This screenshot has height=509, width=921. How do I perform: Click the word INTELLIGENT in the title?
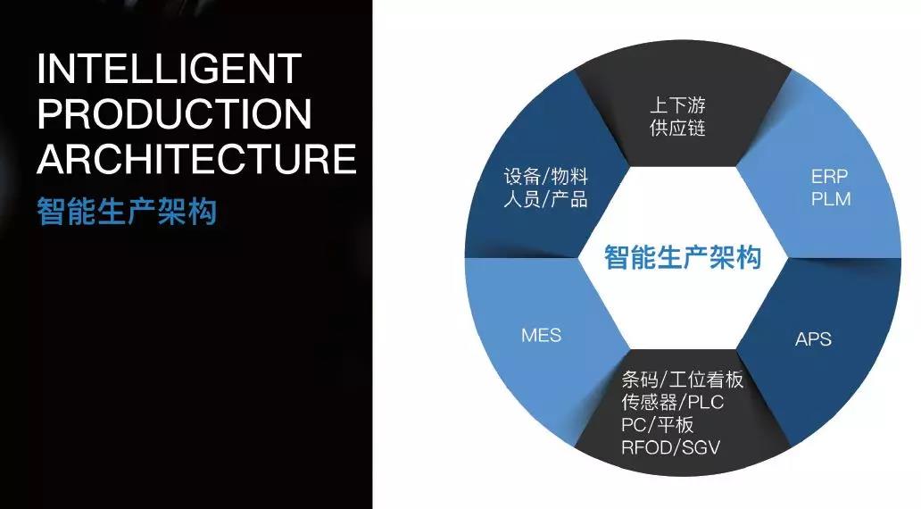170,69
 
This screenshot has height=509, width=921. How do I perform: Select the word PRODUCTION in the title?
175,113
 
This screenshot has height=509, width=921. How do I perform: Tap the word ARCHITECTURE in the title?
196,158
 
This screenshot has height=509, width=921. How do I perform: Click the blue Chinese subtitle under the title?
127,213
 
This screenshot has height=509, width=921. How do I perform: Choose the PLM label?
830,198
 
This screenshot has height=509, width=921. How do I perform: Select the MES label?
541,336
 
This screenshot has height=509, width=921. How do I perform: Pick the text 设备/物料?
545,176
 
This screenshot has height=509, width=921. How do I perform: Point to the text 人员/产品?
545,198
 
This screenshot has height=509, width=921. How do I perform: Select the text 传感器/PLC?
672,403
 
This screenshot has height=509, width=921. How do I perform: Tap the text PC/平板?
657,424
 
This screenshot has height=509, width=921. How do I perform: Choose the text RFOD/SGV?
670,446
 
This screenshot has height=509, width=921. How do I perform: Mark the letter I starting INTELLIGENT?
42,69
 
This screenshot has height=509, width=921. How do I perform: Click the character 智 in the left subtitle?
51,213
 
